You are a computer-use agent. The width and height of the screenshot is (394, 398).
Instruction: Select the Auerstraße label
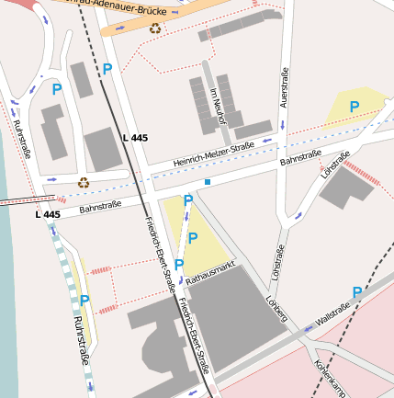click(x=285, y=88)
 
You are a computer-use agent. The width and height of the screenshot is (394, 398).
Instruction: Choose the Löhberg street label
click(x=276, y=308)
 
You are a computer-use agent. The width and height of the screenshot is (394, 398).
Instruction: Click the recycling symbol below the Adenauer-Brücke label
click(x=155, y=28)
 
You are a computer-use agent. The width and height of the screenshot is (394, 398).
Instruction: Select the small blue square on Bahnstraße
click(x=208, y=183)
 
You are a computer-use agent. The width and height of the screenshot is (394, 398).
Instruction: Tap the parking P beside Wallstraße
click(x=355, y=291)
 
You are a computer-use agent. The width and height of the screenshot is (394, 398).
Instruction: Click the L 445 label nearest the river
click(x=48, y=214)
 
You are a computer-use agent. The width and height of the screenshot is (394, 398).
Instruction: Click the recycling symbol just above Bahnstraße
click(x=84, y=182)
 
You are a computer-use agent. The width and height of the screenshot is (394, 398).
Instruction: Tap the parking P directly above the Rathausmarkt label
click(x=179, y=264)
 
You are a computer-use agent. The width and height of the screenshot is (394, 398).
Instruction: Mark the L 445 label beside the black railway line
click(x=134, y=138)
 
